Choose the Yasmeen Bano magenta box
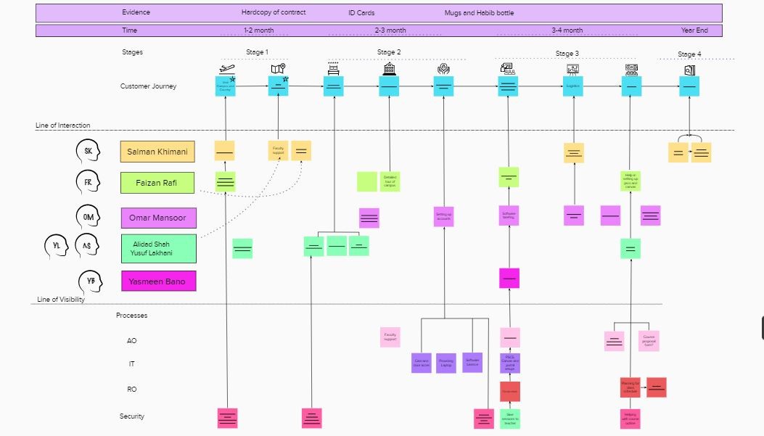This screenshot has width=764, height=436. pos(158,281)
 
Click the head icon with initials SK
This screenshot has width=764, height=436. pos(88,151)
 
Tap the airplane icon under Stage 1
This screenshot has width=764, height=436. pos(226,69)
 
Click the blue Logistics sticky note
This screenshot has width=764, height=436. pos(573,86)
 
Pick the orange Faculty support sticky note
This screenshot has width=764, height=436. pos(278,151)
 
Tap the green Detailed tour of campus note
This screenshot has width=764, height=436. pos(390,181)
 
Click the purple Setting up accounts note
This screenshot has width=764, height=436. pos(443,216)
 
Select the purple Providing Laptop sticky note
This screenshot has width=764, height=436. pos(445,363)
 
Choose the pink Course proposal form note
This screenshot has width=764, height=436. pos(649,341)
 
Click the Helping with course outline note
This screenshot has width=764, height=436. pos(630,419)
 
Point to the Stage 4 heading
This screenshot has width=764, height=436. pos(689,54)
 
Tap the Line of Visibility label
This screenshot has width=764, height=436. pos(61,300)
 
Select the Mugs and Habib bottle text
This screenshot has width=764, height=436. pos(479,13)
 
